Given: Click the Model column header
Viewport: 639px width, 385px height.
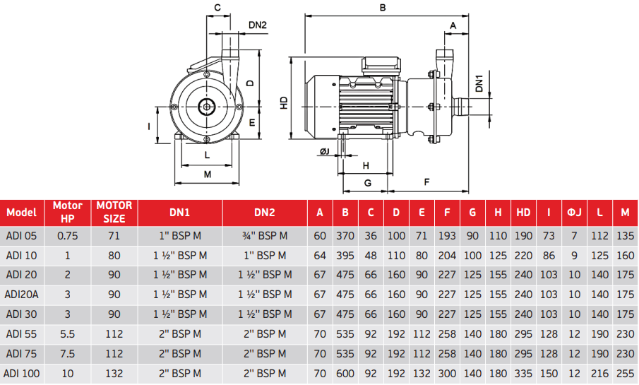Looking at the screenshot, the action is point(22,213).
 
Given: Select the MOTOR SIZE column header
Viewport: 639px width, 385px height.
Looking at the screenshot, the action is point(114,213).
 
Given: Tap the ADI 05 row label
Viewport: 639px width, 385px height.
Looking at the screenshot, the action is point(22,236).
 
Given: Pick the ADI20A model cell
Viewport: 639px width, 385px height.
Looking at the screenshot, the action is point(22,295).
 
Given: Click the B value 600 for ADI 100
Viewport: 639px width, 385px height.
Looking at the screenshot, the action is point(345,373).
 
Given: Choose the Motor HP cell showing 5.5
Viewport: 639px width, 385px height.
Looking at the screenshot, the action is point(68,334).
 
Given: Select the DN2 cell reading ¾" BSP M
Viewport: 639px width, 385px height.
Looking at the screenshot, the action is point(265,236).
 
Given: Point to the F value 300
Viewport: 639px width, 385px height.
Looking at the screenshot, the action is point(447,373).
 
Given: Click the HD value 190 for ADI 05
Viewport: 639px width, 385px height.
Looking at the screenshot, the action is point(523,236).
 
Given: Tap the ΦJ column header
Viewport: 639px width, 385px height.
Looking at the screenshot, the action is point(574,213).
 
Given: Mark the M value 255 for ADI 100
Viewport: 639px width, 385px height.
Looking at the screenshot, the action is point(625,373).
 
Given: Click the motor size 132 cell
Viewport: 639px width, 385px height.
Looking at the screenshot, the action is point(114,373).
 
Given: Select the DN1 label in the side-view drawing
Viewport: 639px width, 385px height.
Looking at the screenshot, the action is point(479,83).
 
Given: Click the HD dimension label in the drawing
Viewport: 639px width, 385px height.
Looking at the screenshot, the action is point(284,102).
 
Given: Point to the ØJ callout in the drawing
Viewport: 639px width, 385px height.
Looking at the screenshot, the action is point(325,152).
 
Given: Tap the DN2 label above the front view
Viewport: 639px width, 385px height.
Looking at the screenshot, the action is point(258,25).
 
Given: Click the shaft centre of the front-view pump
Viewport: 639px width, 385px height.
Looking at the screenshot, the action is point(207,107).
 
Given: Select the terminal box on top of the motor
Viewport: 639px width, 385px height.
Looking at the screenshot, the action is point(381,66).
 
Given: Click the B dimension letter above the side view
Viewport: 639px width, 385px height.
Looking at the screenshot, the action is point(383,8).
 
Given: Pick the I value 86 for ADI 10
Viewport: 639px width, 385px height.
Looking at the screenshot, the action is point(549,255).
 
